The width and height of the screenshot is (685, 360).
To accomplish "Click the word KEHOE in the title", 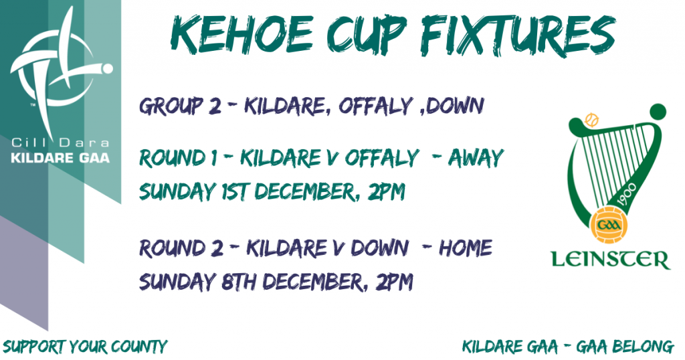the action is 241,35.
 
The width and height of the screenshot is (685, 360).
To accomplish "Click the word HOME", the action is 466,248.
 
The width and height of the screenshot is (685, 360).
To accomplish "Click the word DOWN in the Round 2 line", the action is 380,248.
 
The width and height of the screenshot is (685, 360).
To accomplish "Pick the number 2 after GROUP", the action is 215,106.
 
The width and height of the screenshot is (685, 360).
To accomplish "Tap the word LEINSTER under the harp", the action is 610,260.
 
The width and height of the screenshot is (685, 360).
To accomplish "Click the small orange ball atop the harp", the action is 591,120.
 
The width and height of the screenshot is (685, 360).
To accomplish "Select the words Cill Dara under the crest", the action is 60,143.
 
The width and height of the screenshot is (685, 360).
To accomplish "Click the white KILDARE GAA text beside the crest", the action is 60,158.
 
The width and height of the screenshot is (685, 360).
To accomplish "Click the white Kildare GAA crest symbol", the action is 61,70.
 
